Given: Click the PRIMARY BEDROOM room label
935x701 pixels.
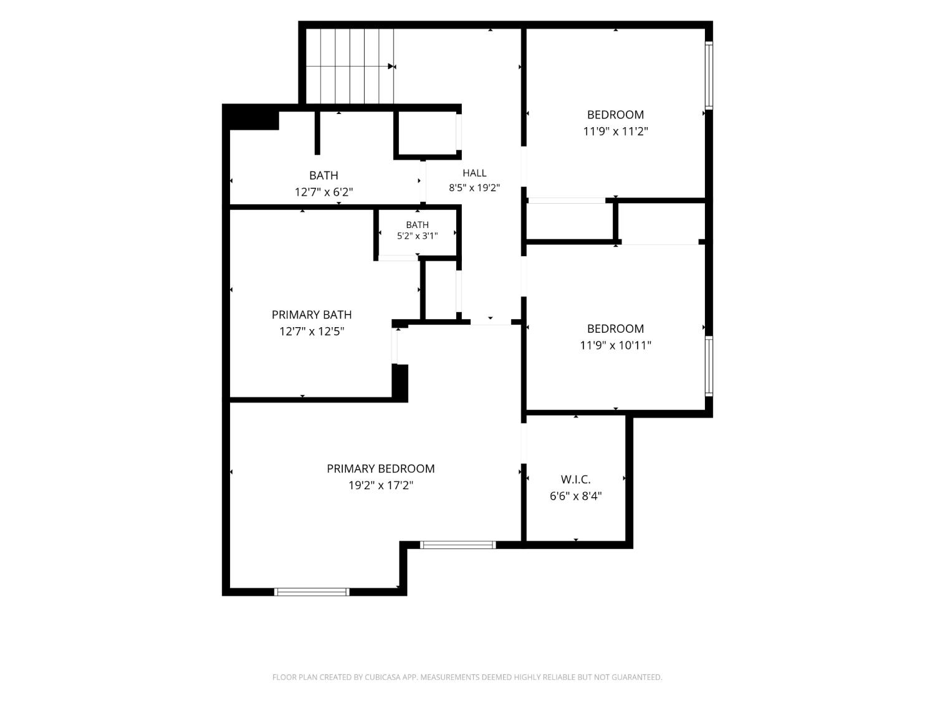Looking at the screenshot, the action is coord(380,469).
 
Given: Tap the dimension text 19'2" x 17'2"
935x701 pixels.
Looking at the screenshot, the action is coord(381,485).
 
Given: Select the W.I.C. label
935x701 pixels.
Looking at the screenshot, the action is coord(575,479).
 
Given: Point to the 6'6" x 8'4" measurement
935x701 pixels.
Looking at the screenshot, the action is coord(575,496).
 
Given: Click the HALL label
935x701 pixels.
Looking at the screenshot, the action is coord(474,173).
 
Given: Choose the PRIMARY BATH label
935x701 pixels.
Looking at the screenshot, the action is coord(312,315).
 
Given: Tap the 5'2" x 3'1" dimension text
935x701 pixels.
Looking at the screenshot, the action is coord(417,236).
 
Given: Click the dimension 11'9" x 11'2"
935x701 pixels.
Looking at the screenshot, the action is coord(615,131).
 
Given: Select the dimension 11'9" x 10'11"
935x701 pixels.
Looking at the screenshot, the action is coord(615,345).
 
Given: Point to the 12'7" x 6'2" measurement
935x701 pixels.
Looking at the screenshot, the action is coord(324,192).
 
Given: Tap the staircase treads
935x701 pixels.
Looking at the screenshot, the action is coord(350,66).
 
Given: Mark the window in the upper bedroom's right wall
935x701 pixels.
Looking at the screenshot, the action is coord(709,75).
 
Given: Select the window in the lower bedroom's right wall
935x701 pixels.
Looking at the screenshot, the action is coord(709,366).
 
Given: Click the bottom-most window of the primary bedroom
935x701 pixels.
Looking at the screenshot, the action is coord(312,591).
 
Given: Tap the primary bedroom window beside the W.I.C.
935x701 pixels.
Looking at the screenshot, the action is coord(458,545).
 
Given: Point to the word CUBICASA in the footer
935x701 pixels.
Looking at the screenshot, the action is coord(383,677).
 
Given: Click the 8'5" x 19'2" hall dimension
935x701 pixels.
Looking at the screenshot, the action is coord(474,188).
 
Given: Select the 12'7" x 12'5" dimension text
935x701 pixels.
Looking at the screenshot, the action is coord(312,331).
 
